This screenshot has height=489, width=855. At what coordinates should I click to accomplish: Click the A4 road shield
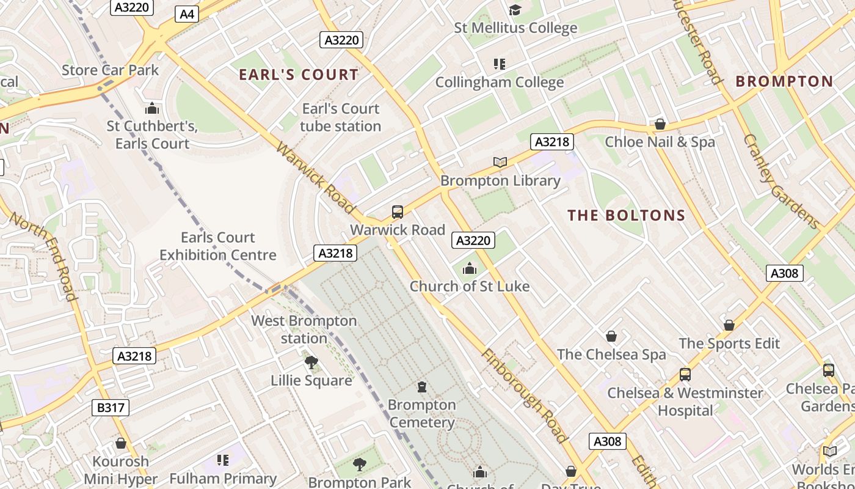click(187, 13)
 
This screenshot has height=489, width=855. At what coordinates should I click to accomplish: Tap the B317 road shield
click(111, 408)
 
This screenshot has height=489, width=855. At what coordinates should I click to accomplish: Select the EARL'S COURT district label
click(299, 75)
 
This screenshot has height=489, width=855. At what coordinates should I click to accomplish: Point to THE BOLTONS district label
click(627, 215)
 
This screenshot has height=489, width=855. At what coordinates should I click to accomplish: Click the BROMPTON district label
click(784, 81)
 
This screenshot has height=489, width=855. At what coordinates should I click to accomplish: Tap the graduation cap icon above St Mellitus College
click(515, 10)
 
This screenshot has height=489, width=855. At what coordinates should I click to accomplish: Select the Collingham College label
click(499, 82)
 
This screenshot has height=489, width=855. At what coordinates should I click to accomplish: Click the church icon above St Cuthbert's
click(152, 109)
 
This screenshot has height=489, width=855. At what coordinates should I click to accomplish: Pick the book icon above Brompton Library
click(500, 163)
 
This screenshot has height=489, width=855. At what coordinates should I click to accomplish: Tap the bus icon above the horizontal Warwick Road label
click(398, 212)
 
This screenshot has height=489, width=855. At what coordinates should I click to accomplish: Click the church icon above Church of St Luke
click(469, 268)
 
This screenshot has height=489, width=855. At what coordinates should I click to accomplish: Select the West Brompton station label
click(304, 329)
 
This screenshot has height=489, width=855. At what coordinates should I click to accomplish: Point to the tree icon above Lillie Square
click(311, 362)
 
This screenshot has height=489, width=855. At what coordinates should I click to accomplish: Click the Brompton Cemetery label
click(422, 414)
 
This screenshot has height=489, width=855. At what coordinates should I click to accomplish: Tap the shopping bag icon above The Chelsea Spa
click(611, 336)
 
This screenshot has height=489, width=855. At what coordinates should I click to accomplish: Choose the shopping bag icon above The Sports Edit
click(729, 325)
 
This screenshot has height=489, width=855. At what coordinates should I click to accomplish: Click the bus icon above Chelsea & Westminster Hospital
click(685, 375)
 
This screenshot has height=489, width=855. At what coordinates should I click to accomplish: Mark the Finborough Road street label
click(525, 395)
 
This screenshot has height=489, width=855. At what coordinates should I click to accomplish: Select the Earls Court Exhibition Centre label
click(218, 246)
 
